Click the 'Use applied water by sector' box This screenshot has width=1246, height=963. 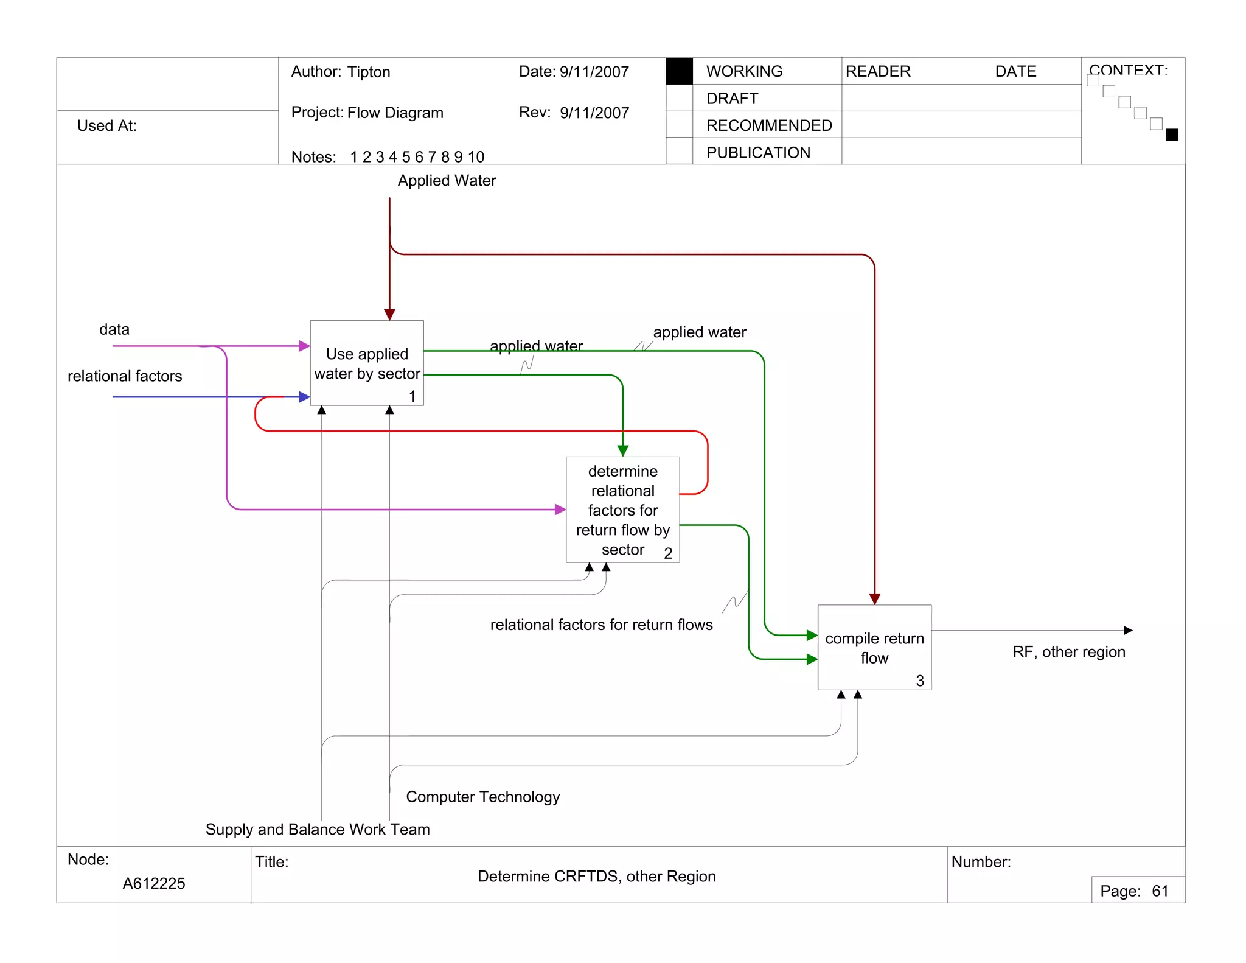tap(367, 363)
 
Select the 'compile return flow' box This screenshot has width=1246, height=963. tap(874, 648)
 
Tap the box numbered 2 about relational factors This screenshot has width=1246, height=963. tap(622, 510)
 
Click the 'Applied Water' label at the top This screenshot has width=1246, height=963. tap(447, 181)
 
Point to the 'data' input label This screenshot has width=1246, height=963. tap(114, 330)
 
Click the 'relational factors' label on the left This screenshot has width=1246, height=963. tap(125, 376)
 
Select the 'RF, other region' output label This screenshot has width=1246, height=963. tap(1068, 652)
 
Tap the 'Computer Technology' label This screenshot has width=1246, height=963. tap(482, 797)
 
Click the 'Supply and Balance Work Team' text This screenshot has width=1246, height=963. tap(318, 830)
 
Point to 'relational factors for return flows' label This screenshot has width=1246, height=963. tap(601, 625)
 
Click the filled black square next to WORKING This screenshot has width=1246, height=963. tap(679, 71)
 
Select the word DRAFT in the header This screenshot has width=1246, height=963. tap(732, 99)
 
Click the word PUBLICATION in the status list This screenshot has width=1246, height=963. tap(758, 153)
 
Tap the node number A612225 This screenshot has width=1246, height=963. tap(154, 883)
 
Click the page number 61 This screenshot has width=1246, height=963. tap(1160, 891)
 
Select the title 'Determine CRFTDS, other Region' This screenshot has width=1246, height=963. tap(596, 877)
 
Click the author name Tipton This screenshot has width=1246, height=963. tap(369, 72)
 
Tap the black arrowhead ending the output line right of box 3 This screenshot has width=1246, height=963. tap(1128, 631)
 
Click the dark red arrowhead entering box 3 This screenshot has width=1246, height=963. tap(875, 599)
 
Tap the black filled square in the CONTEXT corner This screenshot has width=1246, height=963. tap(1172, 135)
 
